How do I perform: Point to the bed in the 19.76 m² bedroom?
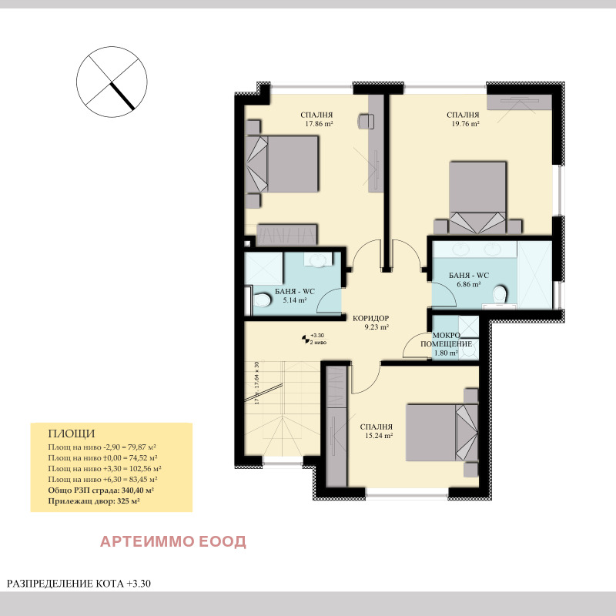478,196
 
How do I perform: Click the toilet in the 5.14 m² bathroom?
262,299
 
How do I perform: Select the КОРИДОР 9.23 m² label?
370,322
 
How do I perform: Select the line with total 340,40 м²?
101,490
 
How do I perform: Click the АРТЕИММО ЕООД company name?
173,541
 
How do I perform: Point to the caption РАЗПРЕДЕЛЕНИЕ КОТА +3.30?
79,584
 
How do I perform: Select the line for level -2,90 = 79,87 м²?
102,447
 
